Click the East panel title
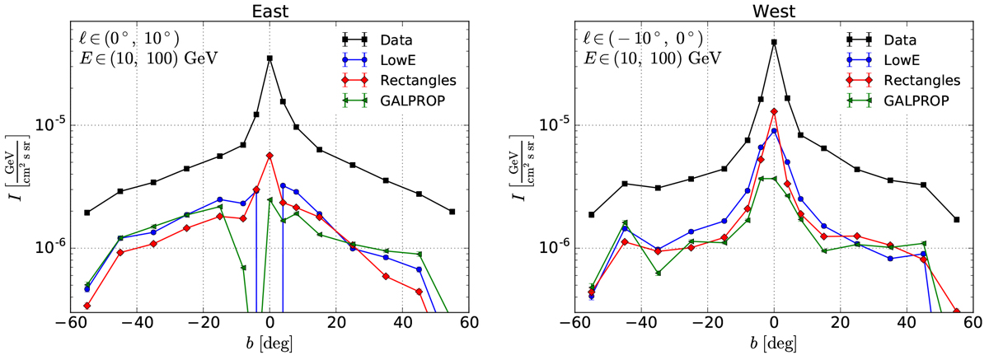pyautogui.click(x=269, y=11)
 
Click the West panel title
pyautogui.click(x=773, y=11)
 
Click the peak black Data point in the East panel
pyautogui.click(x=270, y=58)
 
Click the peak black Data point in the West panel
pyautogui.click(x=774, y=42)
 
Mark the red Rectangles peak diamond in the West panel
pyautogui.click(x=774, y=112)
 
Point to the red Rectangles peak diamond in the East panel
pyautogui.click(x=270, y=155)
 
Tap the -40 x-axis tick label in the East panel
pyautogui.click(x=131, y=323)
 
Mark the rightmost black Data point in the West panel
pyautogui.click(x=955, y=220)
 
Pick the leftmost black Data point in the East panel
pyautogui.click(x=87, y=213)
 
